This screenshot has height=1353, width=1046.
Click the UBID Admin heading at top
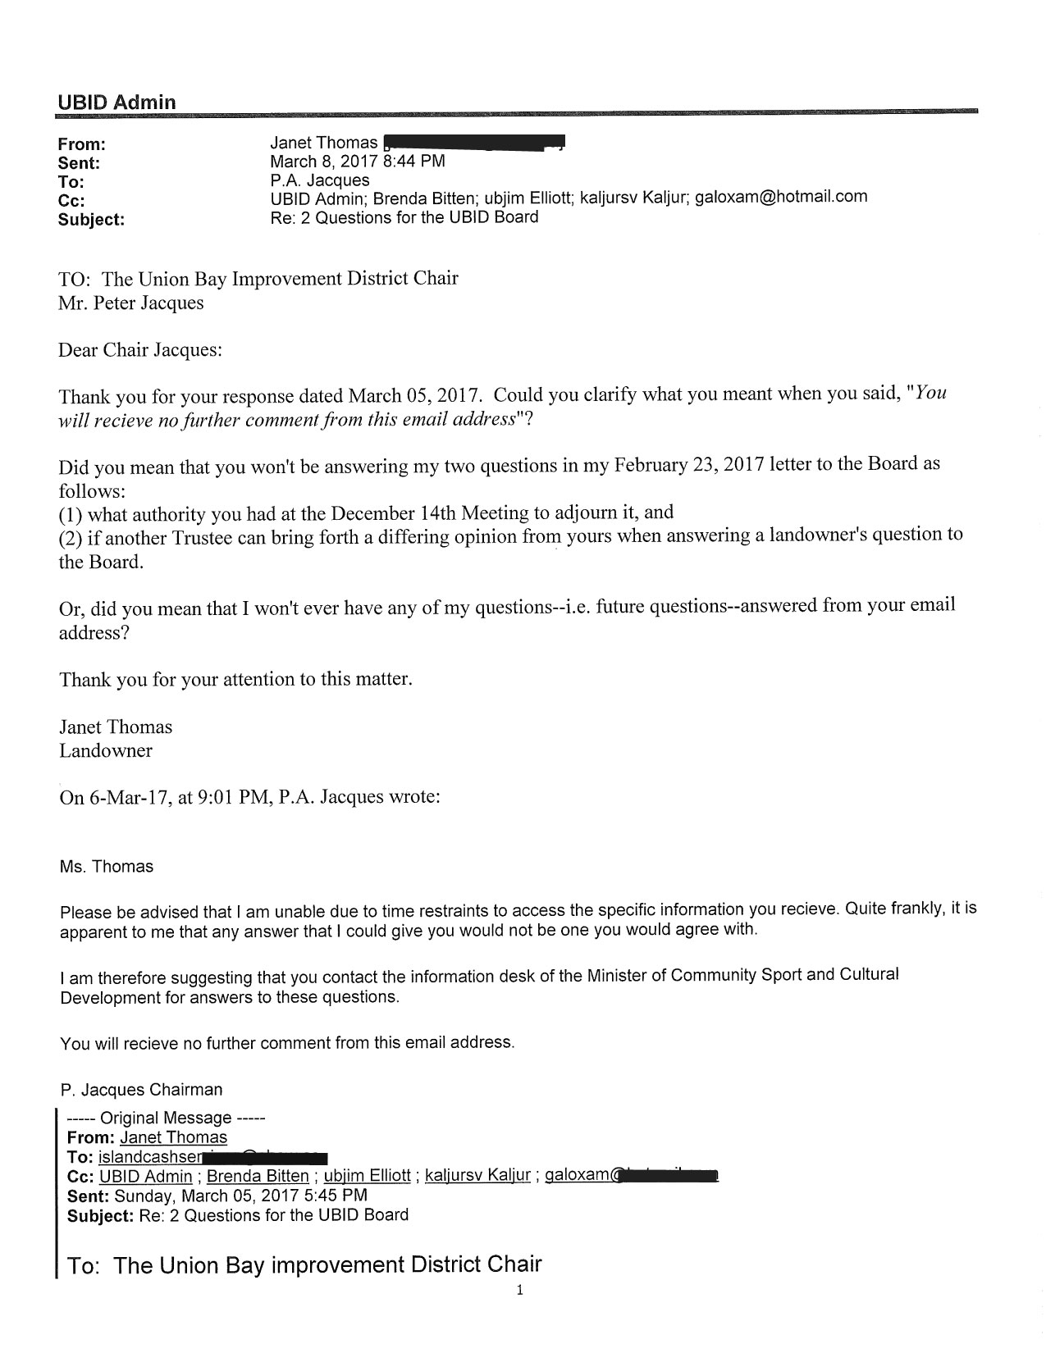(116, 102)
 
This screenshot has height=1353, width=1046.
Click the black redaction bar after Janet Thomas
(474, 143)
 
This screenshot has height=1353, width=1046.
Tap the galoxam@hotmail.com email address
(781, 197)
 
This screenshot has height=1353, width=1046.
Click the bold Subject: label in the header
(91, 220)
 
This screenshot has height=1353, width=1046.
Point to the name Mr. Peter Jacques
(131, 303)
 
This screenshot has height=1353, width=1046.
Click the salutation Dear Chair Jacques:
(140, 350)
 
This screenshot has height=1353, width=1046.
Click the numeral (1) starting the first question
(70, 515)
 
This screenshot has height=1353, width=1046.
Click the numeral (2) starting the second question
(70, 539)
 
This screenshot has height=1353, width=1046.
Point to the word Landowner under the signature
(106, 750)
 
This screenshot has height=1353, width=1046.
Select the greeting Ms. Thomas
(107, 867)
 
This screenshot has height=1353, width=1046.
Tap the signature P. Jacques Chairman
(141, 1090)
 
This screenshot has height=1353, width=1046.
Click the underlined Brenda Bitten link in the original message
(258, 1176)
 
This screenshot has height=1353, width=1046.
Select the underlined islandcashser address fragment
(150, 1157)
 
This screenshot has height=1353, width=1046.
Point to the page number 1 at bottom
(519, 1291)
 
